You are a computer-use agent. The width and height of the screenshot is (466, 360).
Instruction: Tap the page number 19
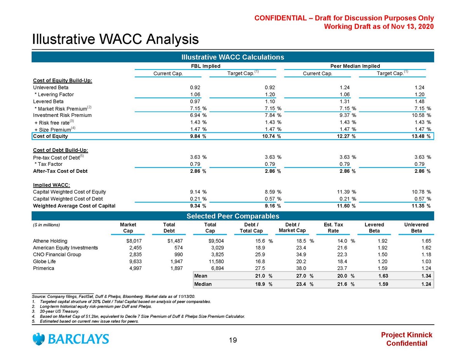233,341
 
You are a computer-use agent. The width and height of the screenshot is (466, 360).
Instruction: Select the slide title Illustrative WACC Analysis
115,39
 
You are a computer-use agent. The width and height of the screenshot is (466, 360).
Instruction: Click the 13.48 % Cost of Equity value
421,136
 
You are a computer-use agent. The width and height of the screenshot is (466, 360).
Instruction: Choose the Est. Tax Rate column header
333,228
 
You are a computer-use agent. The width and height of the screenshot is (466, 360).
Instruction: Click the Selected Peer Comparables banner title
233,216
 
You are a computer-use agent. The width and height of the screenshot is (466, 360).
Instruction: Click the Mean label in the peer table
201,276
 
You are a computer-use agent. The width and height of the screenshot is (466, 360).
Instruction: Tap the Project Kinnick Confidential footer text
407,339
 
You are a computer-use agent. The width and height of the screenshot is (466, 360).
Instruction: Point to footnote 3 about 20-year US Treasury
56,311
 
